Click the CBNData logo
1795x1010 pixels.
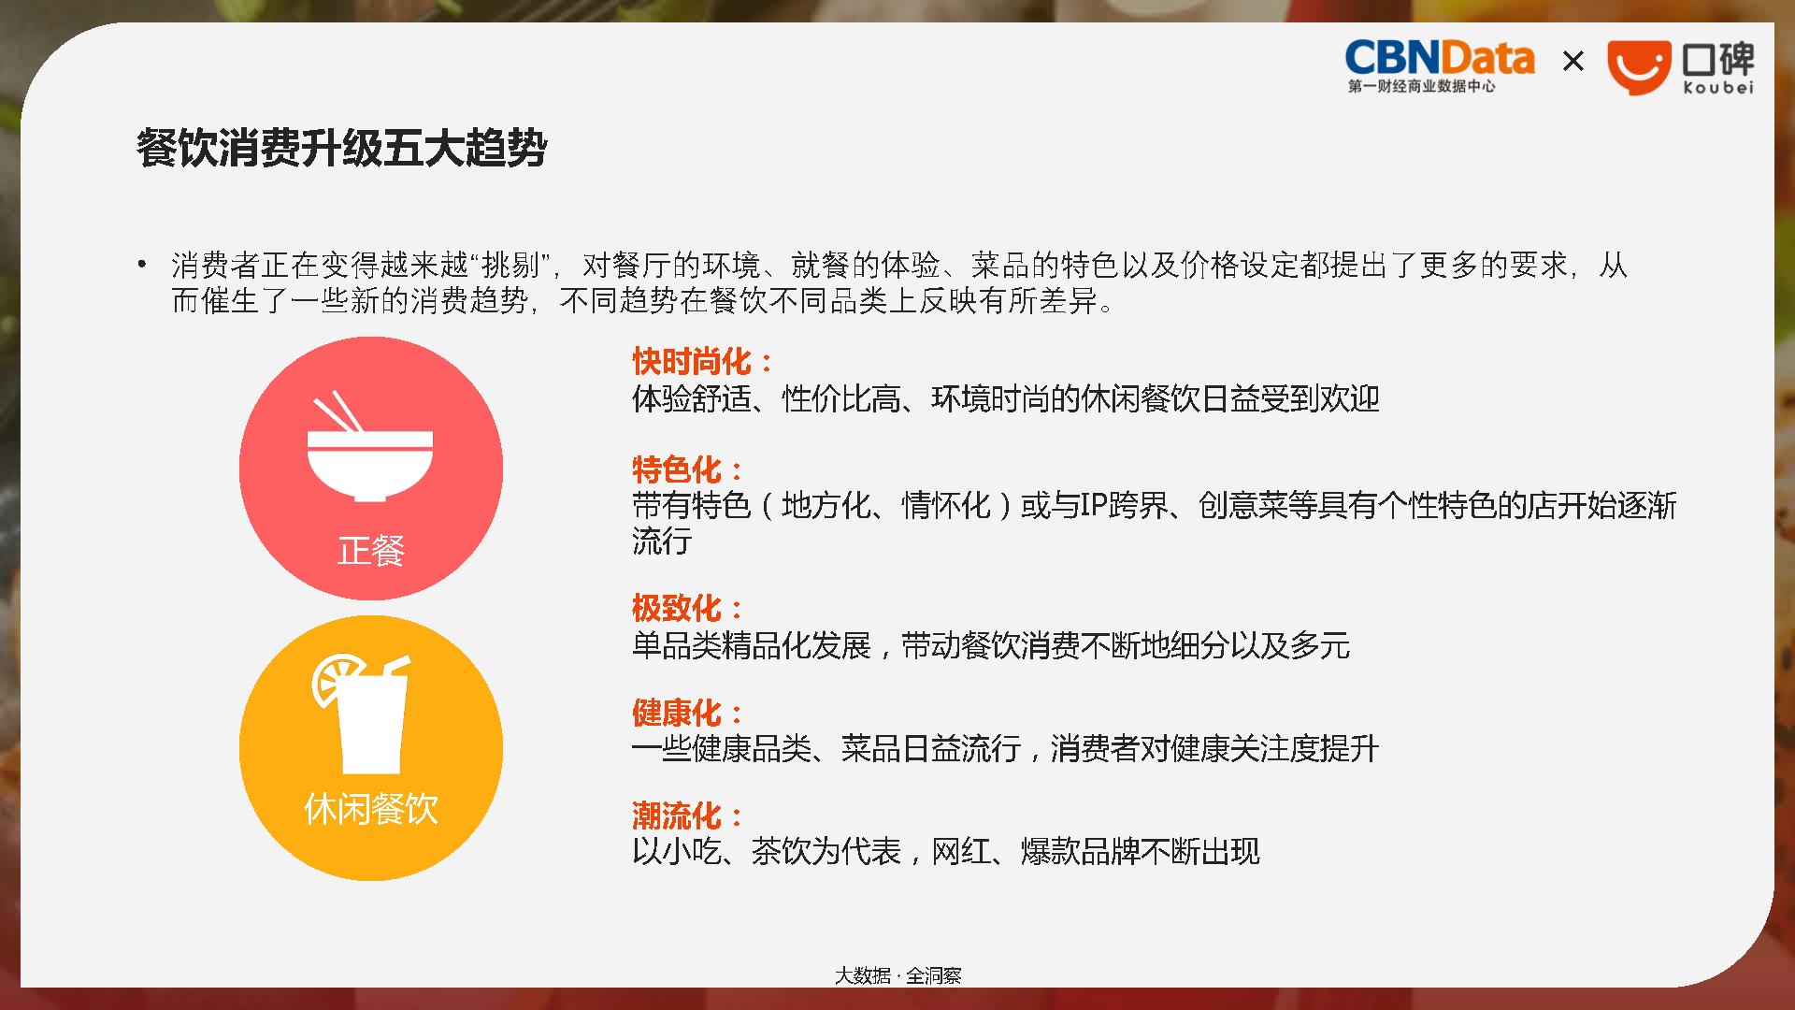point(1439,66)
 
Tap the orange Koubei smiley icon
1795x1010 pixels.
point(1639,67)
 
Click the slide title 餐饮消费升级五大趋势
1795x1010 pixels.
point(341,148)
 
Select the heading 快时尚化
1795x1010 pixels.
point(692,361)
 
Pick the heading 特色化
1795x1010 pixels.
point(677,469)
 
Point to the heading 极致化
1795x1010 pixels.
point(677,608)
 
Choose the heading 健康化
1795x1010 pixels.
point(677,713)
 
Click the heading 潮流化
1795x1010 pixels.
point(677,815)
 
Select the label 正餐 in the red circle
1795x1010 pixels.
point(371,551)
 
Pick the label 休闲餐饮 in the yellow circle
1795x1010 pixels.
point(371,809)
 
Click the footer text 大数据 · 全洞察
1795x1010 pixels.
point(897,975)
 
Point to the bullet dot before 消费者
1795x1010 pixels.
point(142,265)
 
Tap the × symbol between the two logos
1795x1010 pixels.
point(1573,62)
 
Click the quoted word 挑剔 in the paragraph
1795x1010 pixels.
point(511,266)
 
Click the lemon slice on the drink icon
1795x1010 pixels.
point(335,677)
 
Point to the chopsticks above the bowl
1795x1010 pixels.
point(338,412)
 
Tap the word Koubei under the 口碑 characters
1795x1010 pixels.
point(1718,87)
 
